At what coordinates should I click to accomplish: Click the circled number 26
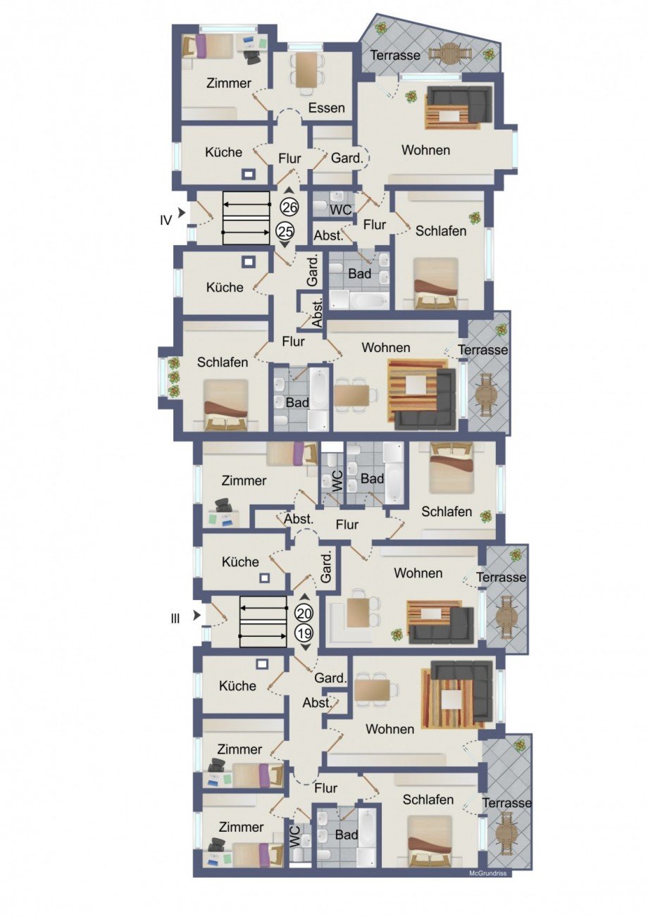pyautogui.click(x=289, y=207)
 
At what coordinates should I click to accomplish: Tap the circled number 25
pyautogui.click(x=285, y=232)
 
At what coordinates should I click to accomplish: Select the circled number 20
pyautogui.click(x=304, y=613)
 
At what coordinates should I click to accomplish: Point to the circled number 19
pyautogui.click(x=304, y=633)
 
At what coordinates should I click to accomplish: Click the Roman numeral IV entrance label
pyautogui.click(x=166, y=221)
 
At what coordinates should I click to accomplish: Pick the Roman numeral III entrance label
pyautogui.click(x=175, y=619)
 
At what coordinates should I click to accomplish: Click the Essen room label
pyautogui.click(x=326, y=108)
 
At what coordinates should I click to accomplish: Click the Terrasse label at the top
pyautogui.click(x=395, y=55)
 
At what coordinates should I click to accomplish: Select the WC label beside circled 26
pyautogui.click(x=341, y=210)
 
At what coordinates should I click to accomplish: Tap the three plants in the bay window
pyautogui.click(x=174, y=377)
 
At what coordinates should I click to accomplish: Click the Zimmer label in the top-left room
pyautogui.click(x=229, y=84)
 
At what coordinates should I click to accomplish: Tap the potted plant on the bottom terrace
pyautogui.click(x=521, y=753)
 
